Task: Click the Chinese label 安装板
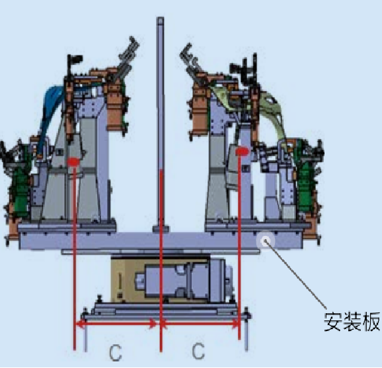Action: coord(352,322)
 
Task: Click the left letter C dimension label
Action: coord(115,352)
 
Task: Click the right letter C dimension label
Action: coord(198,351)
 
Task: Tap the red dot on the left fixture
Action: coord(74,162)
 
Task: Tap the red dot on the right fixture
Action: coord(242,151)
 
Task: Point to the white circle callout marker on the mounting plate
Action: coord(265,241)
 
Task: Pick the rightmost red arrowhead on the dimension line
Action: coord(235,324)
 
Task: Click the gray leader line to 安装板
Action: coord(296,275)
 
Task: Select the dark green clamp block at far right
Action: coord(305,178)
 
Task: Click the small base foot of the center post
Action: coord(161,229)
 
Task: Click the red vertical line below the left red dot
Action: coord(75,258)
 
